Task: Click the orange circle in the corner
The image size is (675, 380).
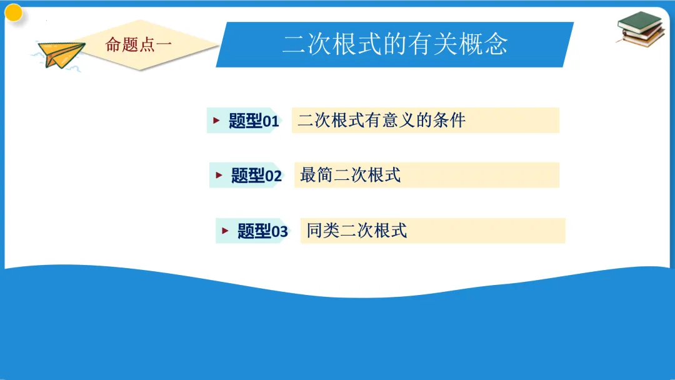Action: (13, 12)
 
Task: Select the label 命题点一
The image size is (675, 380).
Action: (139, 44)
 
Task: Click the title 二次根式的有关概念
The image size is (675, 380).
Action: (394, 44)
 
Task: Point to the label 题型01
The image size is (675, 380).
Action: (253, 121)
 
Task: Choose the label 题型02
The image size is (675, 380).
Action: (256, 176)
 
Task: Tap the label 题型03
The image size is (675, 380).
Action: (262, 232)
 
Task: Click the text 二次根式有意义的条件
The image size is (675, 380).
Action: (381, 120)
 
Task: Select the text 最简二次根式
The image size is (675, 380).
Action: (350, 175)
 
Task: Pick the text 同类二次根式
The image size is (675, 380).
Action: (356, 231)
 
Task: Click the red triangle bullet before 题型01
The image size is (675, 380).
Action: (216, 121)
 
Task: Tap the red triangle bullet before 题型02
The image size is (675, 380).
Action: (219, 176)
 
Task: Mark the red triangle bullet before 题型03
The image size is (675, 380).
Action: (225, 231)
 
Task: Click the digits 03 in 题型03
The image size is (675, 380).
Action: (279, 232)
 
